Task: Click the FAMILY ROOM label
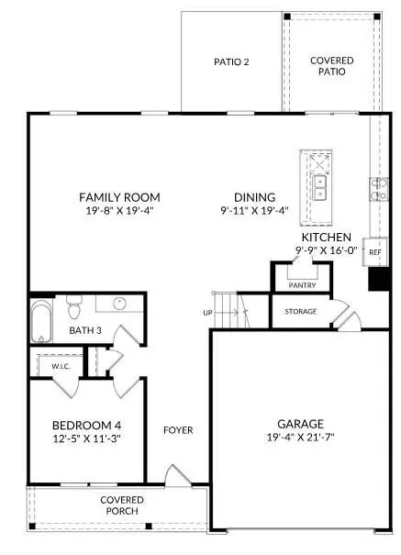119,197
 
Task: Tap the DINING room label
254,197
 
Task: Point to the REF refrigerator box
374,250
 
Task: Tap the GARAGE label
300,424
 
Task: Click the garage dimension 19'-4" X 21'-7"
300,438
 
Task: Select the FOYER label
178,429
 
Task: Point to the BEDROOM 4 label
86,426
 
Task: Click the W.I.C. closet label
61,366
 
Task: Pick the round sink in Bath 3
118,304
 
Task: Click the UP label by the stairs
207,313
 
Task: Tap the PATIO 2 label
232,62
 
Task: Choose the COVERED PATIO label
331,66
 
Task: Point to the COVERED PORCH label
122,505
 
